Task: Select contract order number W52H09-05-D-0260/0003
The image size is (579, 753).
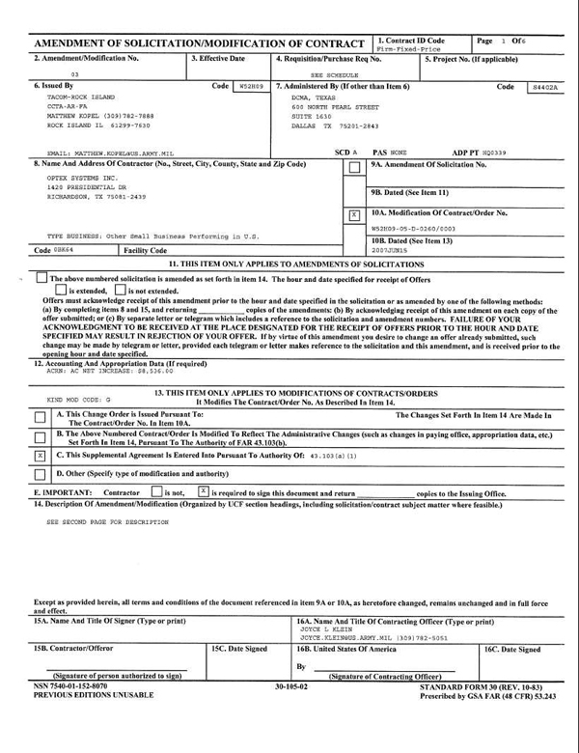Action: click(x=413, y=229)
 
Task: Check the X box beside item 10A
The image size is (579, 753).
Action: click(x=354, y=214)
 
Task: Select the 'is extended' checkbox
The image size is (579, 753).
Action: click(x=61, y=290)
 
